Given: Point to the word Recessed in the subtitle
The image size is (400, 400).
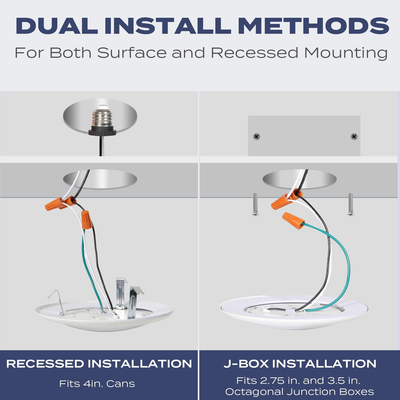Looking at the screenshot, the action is tap(255, 53).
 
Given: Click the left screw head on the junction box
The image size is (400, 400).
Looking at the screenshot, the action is tap(257, 137).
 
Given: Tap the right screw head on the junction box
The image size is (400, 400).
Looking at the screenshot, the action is tap(354, 137).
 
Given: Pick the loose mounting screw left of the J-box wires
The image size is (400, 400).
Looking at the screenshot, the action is tap(255, 204).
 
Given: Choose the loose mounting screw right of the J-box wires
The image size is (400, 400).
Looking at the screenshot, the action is tap(350, 204).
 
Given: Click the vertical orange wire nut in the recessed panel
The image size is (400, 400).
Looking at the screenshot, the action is tap(87, 220).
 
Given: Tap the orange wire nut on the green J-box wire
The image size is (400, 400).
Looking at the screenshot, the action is tap(294, 221).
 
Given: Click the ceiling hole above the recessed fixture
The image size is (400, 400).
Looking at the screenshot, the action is tap(100, 179).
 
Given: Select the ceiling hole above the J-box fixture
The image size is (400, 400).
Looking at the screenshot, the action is tap(300, 179).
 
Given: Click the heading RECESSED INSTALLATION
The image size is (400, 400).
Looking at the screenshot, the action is tap(99, 364).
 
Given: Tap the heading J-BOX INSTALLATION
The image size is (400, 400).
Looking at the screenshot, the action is tap(300, 364).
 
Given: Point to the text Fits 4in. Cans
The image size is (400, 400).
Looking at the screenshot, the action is tap(97, 384).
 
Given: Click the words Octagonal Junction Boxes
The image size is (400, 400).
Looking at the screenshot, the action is tap(300, 392).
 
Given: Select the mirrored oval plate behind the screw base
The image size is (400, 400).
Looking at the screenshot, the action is tap(100, 116).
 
